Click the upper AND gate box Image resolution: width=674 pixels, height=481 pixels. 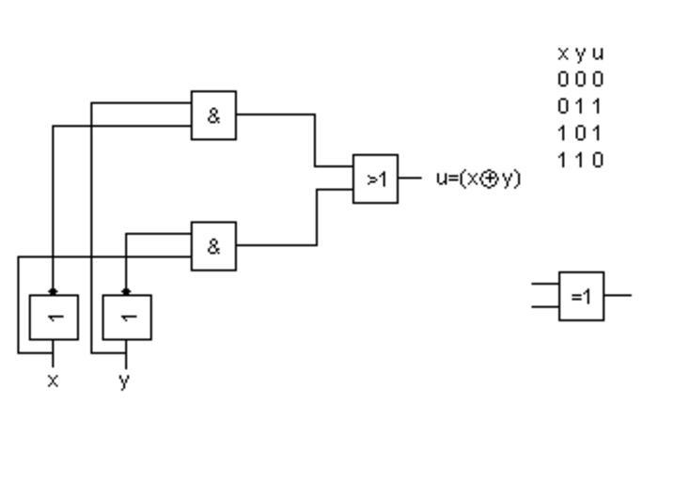coord(213,116)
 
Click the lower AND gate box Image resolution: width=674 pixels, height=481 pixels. coord(213,246)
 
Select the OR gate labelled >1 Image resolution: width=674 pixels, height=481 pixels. coord(375,178)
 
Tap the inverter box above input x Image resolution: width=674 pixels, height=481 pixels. coord(53,318)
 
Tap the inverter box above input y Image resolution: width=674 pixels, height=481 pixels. coord(126,318)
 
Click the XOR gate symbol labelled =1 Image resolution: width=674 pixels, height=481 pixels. coord(581,296)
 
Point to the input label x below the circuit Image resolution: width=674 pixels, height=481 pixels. coord(53,380)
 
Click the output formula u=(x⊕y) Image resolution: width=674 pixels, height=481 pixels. coord(478,178)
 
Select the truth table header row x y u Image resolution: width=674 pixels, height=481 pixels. coord(580,54)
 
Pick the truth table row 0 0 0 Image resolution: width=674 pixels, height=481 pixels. coord(580,80)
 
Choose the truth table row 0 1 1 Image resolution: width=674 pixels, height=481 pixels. coord(580,106)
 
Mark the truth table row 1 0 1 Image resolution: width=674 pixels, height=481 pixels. coord(580,132)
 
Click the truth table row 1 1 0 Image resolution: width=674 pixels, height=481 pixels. coord(580,159)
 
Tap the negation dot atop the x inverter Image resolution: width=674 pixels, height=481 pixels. coord(53,292)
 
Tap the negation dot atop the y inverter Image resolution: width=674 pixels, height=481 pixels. coord(126,292)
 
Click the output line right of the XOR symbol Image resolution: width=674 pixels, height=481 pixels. coord(618,295)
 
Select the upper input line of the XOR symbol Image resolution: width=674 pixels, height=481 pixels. coord(545,283)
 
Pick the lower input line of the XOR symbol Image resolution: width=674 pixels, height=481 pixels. coord(545,306)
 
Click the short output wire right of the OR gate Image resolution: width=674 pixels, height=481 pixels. coord(409,178)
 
